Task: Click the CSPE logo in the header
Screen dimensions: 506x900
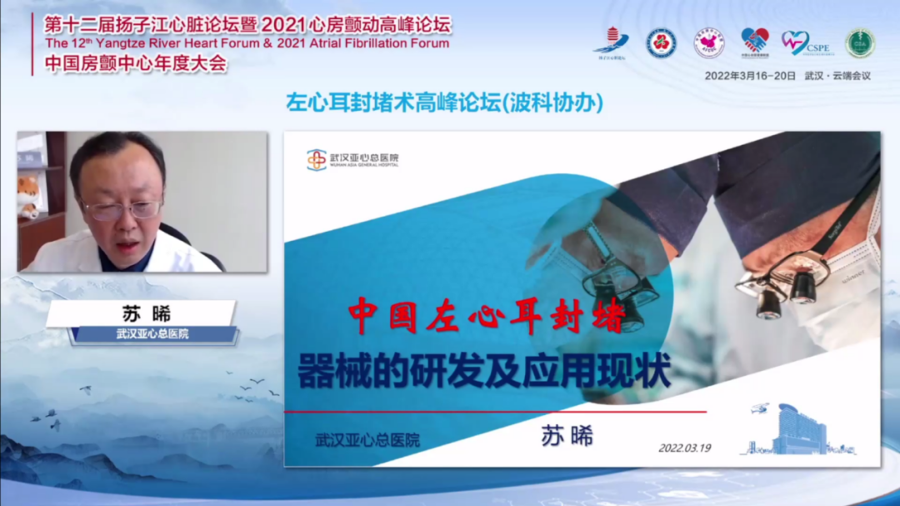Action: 804,43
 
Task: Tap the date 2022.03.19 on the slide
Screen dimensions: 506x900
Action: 684,448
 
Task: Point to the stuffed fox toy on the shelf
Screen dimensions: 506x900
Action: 29,195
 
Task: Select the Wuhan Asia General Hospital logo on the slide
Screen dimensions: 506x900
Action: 352,158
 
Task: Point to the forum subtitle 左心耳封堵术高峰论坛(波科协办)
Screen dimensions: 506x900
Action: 444,103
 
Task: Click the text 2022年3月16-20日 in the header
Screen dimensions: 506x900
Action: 749,75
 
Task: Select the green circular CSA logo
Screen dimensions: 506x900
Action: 860,43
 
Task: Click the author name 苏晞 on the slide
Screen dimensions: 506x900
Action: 567,435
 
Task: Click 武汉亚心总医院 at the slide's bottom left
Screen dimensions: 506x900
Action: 367,440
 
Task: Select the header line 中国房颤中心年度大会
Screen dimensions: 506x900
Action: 135,64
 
